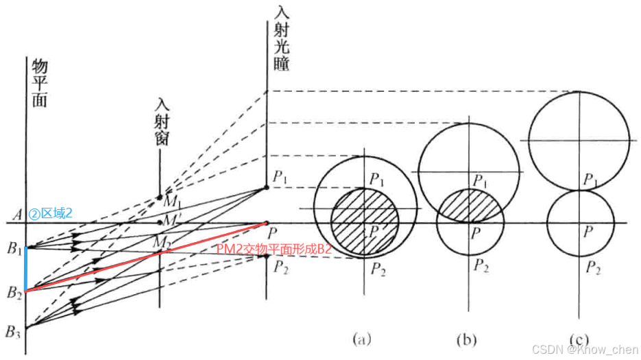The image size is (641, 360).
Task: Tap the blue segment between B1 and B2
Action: tap(25, 269)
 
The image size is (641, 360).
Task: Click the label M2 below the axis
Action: tap(171, 241)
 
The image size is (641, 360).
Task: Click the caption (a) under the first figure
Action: tap(361, 338)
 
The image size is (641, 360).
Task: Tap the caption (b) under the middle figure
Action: tap(469, 338)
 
